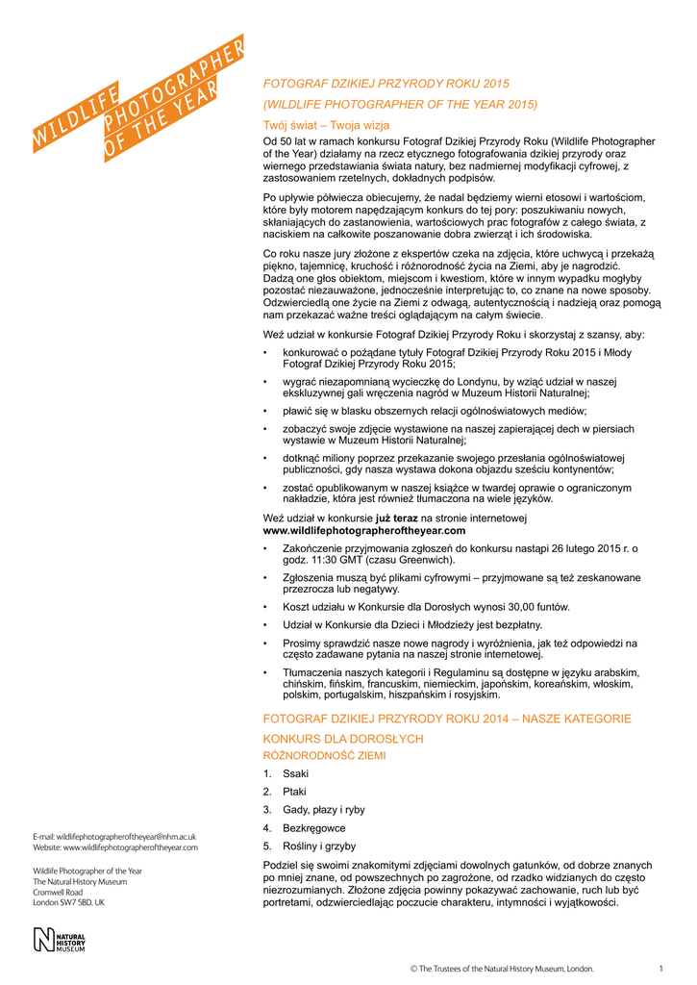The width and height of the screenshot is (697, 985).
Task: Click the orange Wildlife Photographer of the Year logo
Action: [138, 97]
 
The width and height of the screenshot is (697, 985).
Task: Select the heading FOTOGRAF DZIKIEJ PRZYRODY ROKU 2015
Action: [386, 84]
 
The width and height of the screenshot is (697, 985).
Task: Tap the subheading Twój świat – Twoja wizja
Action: [327, 125]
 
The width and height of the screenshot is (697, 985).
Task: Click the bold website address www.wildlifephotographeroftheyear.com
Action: [364, 530]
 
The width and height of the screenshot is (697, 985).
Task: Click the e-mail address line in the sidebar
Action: [114, 837]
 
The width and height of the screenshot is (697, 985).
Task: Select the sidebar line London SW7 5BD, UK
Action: [69, 903]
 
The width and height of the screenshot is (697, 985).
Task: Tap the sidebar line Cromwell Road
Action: [58, 892]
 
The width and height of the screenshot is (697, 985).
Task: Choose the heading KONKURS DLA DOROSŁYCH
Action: [343, 739]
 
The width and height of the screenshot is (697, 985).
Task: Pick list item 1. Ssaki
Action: [287, 773]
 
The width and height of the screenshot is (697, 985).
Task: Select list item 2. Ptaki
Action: [286, 792]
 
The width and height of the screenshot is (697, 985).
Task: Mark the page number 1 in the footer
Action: [661, 968]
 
